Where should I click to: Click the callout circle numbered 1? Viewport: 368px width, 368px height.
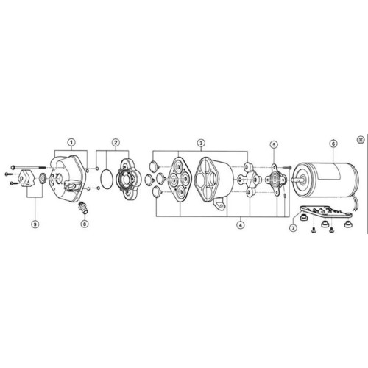tap(71, 142)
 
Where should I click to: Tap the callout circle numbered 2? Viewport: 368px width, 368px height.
tap(116, 142)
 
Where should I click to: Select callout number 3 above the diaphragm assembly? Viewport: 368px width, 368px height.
tap(201, 143)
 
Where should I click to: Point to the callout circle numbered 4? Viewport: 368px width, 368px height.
tap(241, 224)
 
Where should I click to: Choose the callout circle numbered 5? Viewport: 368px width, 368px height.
tap(274, 144)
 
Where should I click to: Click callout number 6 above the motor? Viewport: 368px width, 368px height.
tap(333, 144)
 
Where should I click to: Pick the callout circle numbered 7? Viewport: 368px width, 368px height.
tap(293, 228)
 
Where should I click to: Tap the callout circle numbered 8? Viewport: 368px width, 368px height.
tap(85, 224)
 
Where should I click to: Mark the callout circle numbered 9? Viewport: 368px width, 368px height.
tap(35, 224)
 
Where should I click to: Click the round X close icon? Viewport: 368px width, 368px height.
tap(361, 140)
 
